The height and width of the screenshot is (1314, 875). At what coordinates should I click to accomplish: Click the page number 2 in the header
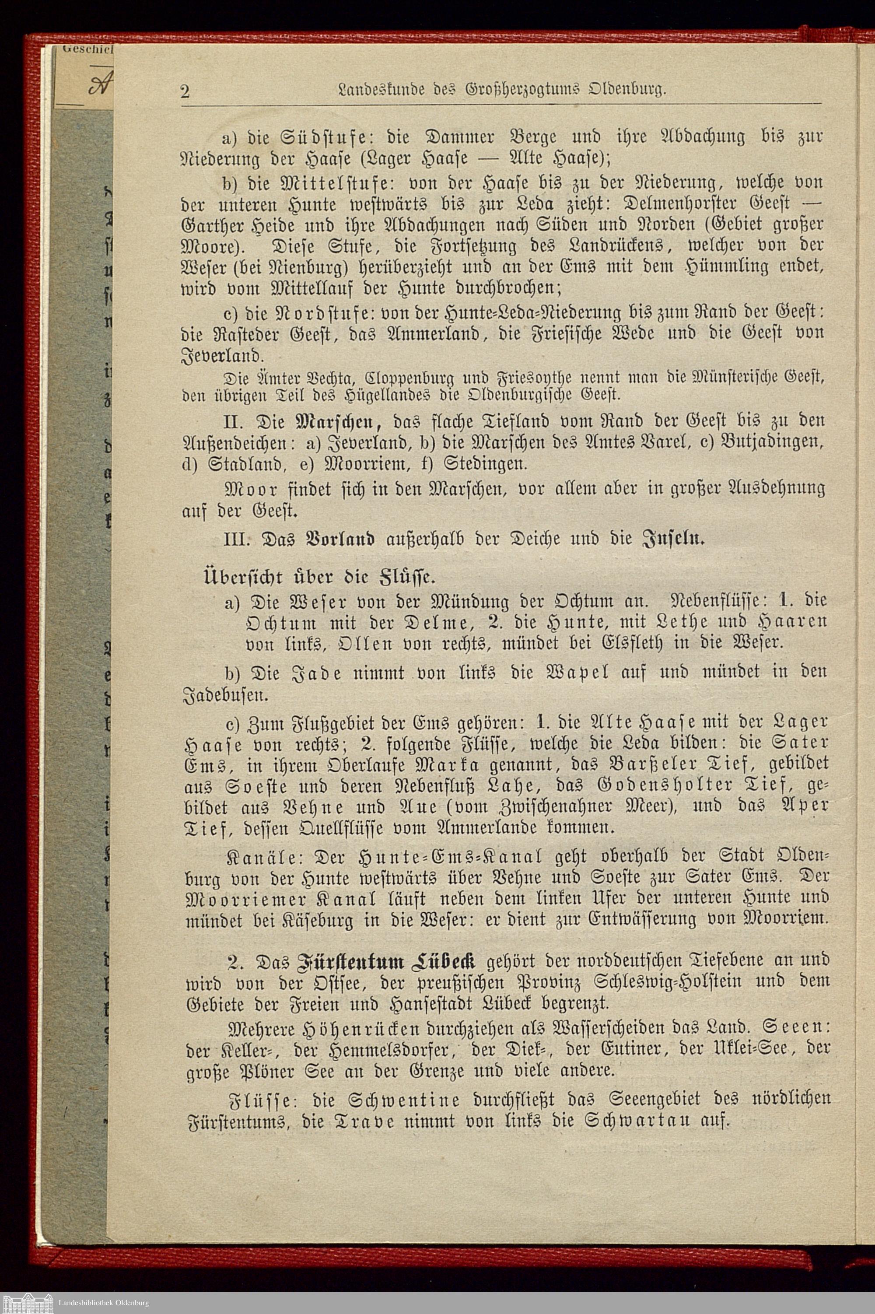click(x=185, y=91)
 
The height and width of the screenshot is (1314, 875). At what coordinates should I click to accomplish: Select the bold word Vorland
click(x=340, y=540)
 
